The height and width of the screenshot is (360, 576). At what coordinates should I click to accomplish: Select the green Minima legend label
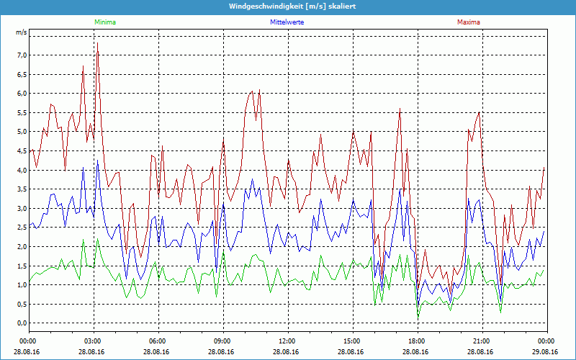104,22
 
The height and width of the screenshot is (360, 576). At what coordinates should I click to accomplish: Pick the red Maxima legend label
469,22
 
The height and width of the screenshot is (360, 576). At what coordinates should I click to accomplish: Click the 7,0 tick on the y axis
21,55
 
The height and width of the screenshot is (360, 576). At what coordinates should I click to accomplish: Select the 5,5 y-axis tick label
21,112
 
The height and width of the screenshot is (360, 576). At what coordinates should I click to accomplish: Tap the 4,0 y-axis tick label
21,170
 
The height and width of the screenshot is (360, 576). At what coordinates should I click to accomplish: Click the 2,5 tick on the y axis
21,228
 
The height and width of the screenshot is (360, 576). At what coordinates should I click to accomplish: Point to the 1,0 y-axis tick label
21,285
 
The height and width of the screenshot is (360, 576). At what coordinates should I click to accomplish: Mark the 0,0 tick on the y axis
21,323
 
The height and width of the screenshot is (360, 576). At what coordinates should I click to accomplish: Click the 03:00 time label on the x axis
93,341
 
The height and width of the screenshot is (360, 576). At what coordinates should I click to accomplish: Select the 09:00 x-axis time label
222,341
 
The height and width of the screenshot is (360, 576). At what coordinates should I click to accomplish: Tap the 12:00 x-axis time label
287,341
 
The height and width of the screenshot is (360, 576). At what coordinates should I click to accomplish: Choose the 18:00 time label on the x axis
417,341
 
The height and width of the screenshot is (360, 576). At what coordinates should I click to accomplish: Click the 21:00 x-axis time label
482,341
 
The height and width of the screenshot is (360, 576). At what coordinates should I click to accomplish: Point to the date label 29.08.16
546,352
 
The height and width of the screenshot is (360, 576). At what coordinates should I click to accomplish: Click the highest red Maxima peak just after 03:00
97,43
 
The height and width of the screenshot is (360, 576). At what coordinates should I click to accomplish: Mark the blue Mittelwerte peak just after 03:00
97,162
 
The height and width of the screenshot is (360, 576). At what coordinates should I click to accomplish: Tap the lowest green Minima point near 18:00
418,317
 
